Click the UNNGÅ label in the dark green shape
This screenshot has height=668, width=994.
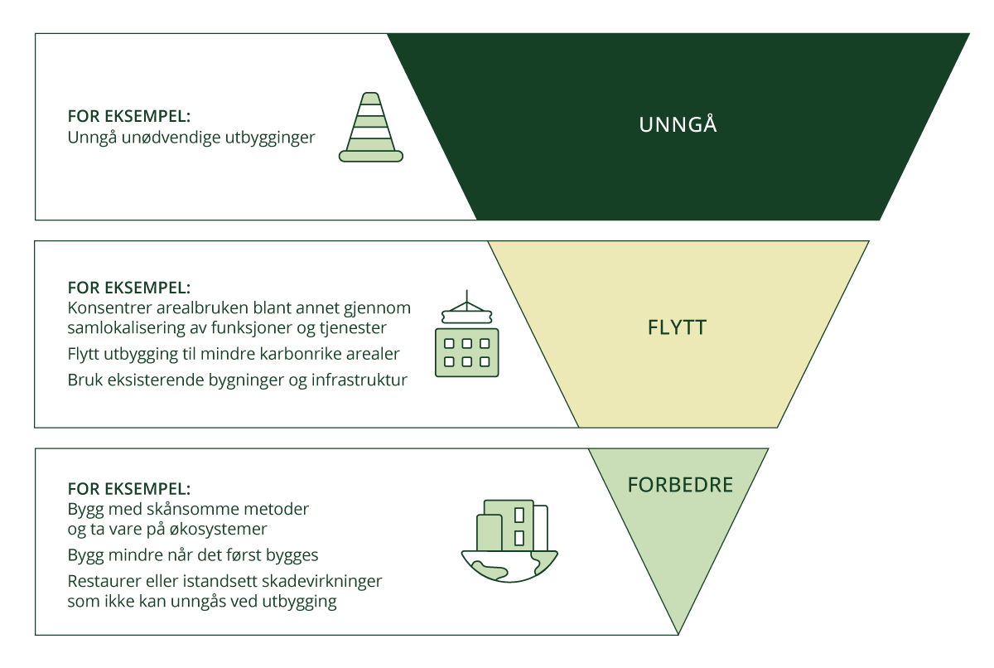coord(678,126)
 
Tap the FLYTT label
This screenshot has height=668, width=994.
coord(677,327)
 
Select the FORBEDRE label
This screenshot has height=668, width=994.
coord(680,485)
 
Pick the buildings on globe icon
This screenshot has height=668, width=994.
coord(509,539)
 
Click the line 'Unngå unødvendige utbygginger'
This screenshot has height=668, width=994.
coord(191,138)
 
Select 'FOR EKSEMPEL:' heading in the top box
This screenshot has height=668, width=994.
coord(128,116)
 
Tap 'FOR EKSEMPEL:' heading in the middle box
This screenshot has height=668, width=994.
coord(128,288)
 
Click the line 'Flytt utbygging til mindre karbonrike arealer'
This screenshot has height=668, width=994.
coord(234,354)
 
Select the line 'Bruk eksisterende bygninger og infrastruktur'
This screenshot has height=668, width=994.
coord(237,381)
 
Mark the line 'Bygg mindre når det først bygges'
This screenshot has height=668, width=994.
coord(193,554)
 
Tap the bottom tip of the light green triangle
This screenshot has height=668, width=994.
coord(679,633)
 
